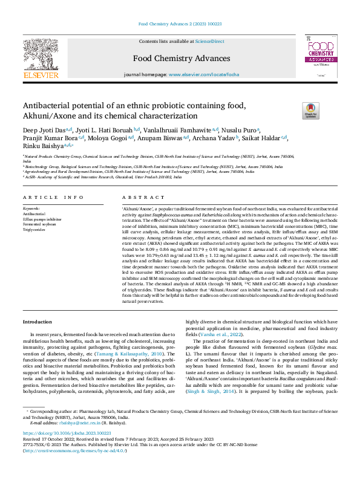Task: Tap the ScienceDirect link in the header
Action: click(x=209, y=41)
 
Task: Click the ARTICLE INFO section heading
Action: click(x=53, y=198)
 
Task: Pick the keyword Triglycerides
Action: click(x=35, y=230)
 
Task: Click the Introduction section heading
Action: click(x=38, y=322)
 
